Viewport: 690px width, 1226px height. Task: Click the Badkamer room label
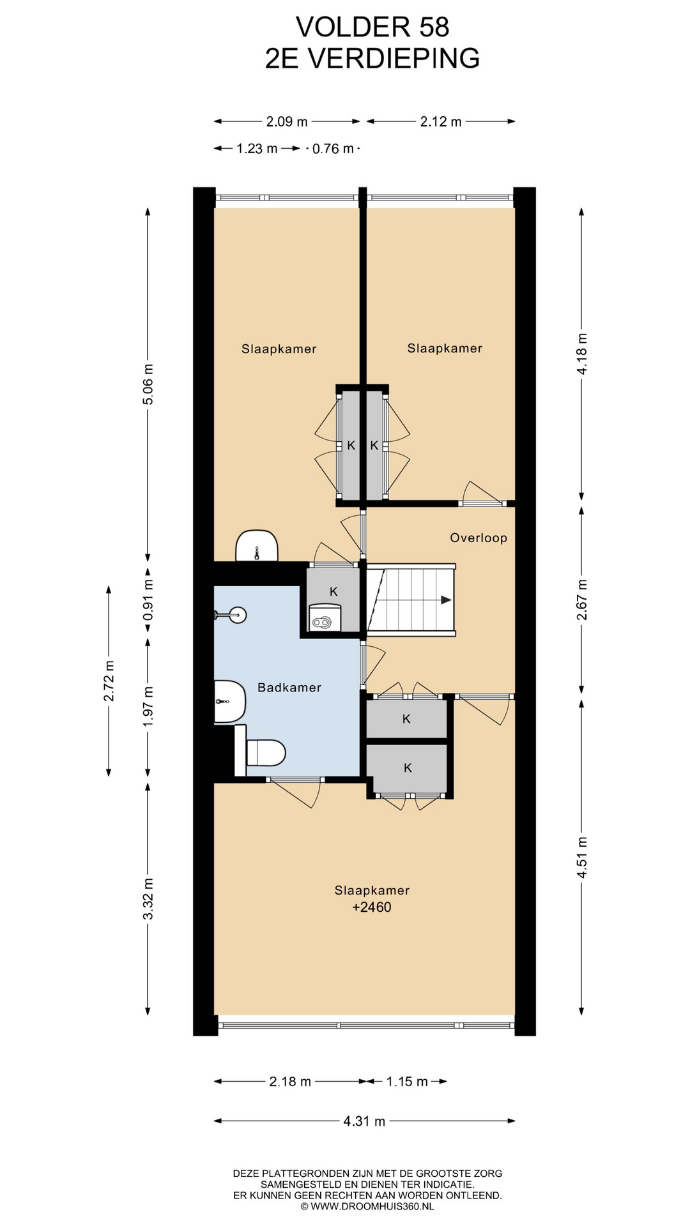coord(289,688)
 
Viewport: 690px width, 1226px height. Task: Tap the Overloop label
coord(479,538)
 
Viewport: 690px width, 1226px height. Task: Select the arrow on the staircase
coord(415,600)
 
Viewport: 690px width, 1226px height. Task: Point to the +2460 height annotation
coord(372,907)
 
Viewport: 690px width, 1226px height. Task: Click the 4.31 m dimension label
coord(364,1121)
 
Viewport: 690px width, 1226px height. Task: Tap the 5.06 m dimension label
coord(148,384)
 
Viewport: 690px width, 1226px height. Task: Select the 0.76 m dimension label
coord(333,149)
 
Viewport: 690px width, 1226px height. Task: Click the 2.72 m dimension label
coord(109,681)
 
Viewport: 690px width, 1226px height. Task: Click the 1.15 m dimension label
coord(407,1082)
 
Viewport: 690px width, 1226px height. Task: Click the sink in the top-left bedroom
coord(257,546)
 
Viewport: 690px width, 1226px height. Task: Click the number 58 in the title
coord(434,27)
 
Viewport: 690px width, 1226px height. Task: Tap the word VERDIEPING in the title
coord(394,59)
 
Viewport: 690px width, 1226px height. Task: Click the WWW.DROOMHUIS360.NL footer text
coord(372,1206)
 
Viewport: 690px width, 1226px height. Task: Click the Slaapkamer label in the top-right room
coord(445,348)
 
